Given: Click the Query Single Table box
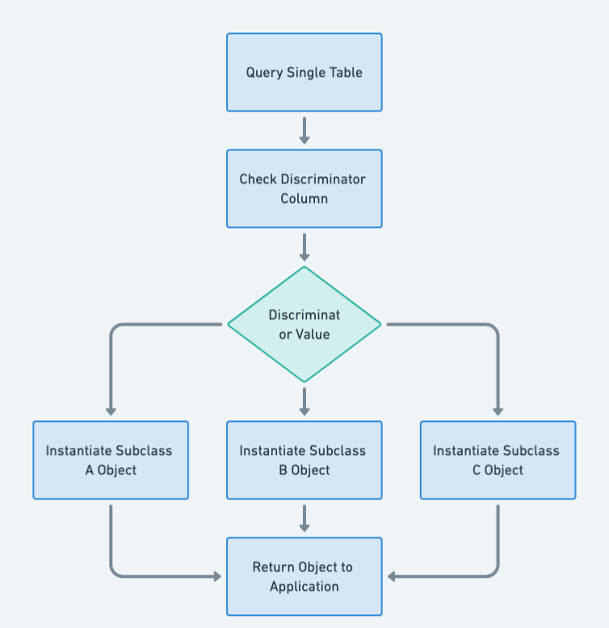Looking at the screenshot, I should coord(304,72).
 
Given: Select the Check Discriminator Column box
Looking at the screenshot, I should coord(304,188).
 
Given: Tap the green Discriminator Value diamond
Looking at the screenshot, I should coord(304,324).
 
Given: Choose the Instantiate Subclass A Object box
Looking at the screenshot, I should coord(111,460).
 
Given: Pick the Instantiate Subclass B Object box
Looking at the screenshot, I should coord(304,460).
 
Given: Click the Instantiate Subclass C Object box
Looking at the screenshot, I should coord(498,460).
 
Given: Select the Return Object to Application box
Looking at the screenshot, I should coord(304,576).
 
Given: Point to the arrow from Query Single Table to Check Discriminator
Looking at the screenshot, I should coord(304,129).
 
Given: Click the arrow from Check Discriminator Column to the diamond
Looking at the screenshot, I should coord(304,247).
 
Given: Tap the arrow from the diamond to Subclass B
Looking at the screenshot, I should coord(304,401).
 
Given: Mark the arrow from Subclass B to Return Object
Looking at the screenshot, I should coord(304,518).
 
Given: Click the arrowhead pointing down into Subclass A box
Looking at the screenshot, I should coord(111,411).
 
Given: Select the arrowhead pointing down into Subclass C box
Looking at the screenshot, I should coord(498,411).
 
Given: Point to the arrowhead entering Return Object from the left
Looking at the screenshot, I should coord(216,576).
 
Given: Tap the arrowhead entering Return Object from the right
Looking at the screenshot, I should coord(393,576).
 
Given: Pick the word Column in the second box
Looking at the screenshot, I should coord(304,198).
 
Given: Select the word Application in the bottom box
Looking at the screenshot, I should coord(304,586).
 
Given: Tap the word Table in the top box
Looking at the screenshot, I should coord(346,72).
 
